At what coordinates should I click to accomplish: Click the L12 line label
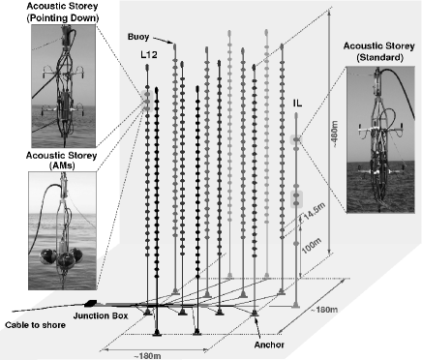point(149,55)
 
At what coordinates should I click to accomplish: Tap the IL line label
point(297,104)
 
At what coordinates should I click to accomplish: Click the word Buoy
point(138,37)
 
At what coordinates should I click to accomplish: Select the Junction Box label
point(101,315)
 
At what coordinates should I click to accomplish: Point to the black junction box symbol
point(90,303)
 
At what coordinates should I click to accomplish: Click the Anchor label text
point(269,345)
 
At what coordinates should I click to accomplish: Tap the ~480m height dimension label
point(336,135)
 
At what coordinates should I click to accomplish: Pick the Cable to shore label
point(35,325)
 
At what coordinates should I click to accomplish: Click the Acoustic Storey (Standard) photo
point(380,139)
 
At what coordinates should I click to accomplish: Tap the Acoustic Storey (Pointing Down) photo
point(64,86)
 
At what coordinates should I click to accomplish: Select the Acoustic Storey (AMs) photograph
point(62,230)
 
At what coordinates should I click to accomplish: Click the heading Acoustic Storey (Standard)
point(378,51)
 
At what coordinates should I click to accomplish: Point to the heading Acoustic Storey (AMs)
point(61,161)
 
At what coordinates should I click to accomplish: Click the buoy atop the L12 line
point(147,68)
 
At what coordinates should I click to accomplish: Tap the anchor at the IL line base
point(296,305)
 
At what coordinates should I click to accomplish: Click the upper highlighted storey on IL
point(296,139)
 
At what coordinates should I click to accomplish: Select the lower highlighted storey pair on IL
point(296,199)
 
